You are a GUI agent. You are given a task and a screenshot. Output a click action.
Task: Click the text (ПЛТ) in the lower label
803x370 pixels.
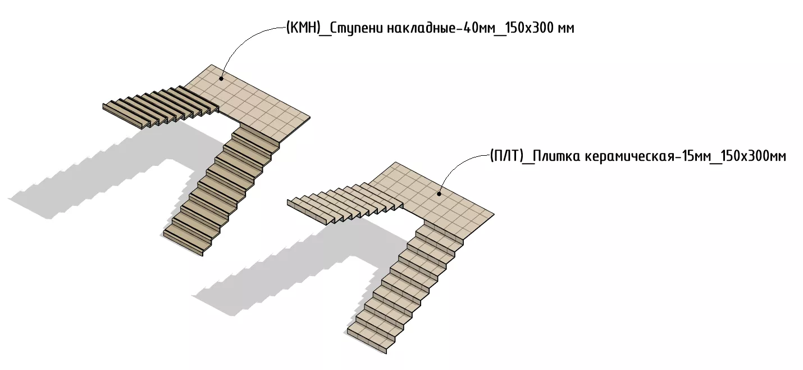[x=505, y=156]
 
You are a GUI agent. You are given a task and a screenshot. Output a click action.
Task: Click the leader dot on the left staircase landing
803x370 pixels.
[x=221, y=79]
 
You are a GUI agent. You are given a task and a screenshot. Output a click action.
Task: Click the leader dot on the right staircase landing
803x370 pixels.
[x=439, y=194]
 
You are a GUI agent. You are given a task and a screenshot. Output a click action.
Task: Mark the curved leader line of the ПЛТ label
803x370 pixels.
[x=458, y=166]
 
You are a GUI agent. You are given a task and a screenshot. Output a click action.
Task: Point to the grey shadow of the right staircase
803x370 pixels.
[x=292, y=270]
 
